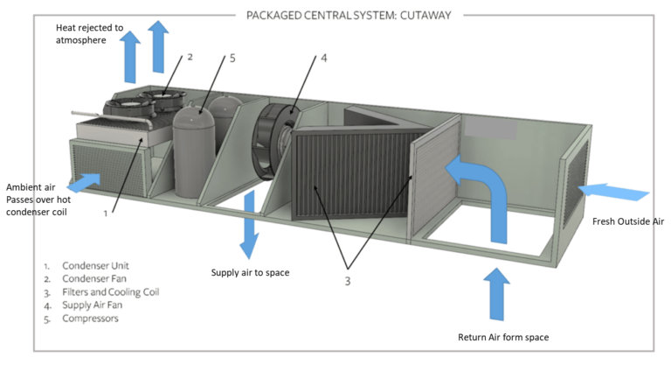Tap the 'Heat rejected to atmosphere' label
click(88, 33)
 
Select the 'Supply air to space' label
click(250, 273)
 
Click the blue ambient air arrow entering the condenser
click(85, 182)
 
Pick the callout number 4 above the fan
click(323, 59)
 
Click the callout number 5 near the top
click(232, 59)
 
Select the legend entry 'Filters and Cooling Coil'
click(109, 291)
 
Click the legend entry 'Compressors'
click(89, 318)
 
